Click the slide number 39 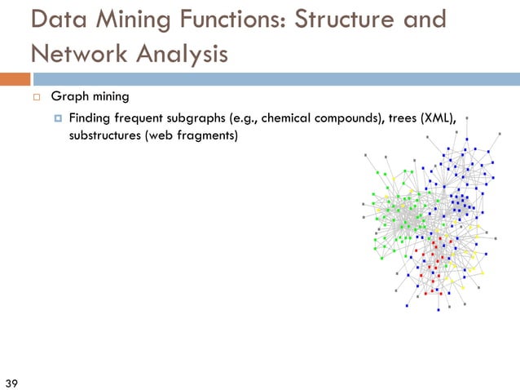tap(12, 383)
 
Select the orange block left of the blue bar tap(15, 79)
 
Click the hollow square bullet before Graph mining tap(37, 97)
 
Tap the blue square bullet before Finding tap(59, 119)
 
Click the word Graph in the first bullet tap(68, 97)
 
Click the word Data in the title tap(58, 20)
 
